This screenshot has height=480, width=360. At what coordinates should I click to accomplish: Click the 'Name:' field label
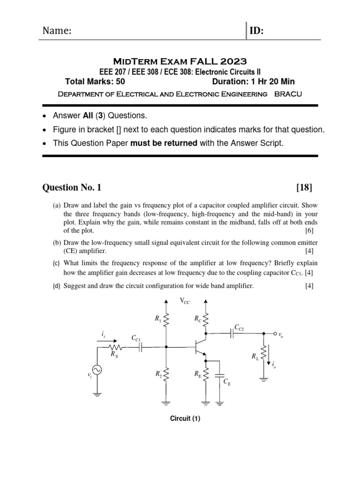pyautogui.click(x=57, y=31)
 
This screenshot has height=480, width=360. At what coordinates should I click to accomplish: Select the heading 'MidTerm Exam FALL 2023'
pyautogui.click(x=180, y=61)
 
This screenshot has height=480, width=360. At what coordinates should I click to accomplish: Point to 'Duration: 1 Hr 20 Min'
pyautogui.click(x=254, y=81)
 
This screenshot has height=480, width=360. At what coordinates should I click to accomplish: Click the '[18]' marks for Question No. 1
pyautogui.click(x=304, y=188)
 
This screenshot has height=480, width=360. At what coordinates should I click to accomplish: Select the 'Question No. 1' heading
pyautogui.click(x=72, y=188)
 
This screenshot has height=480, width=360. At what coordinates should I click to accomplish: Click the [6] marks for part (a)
pyautogui.click(x=309, y=231)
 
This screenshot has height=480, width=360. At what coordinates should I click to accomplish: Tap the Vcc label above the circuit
pyautogui.click(x=185, y=302)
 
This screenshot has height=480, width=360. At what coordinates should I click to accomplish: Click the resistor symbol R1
pyautogui.click(x=165, y=321)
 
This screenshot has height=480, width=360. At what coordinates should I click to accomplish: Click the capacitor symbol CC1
pyautogui.click(x=140, y=347)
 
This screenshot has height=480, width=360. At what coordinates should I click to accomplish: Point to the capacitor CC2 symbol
pyautogui.click(x=232, y=334)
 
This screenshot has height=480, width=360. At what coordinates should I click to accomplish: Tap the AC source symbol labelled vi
pyautogui.click(x=97, y=370)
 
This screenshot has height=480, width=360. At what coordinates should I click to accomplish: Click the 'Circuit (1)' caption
pyautogui.click(x=185, y=419)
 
